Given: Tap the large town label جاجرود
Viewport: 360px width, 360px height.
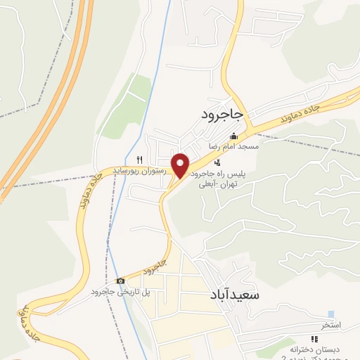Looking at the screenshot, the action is pyautogui.click(x=222, y=113).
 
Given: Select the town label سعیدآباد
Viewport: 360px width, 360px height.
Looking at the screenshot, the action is pyautogui.click(x=235, y=295).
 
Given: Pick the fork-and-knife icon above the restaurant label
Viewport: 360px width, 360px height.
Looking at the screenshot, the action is pyautogui.click(x=140, y=160).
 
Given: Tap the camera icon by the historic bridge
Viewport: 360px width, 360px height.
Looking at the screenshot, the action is pyautogui.click(x=120, y=281).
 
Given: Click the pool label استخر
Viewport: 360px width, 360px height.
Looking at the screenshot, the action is pyautogui.click(x=330, y=325).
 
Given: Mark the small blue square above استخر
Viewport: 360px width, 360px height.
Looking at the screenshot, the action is pyautogui.click(x=331, y=314).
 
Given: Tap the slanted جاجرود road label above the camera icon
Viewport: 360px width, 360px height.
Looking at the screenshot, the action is pyautogui.click(x=153, y=267).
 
